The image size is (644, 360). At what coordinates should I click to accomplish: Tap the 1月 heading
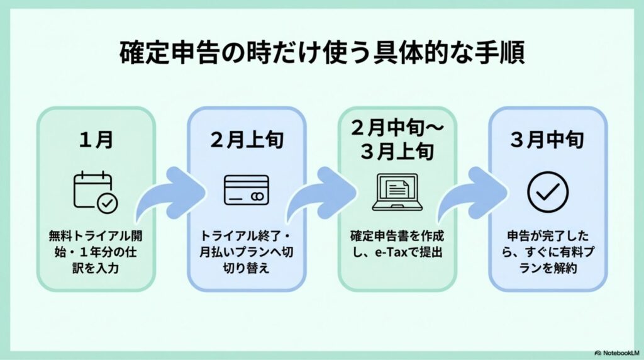click(x=95, y=139)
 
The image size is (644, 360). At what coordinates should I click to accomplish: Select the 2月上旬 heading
click(x=247, y=139)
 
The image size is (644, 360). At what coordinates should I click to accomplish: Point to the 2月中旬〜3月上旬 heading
click(x=397, y=139)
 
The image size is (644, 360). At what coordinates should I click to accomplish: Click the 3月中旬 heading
click(x=548, y=139)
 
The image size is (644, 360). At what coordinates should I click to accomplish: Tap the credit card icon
click(x=247, y=189)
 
